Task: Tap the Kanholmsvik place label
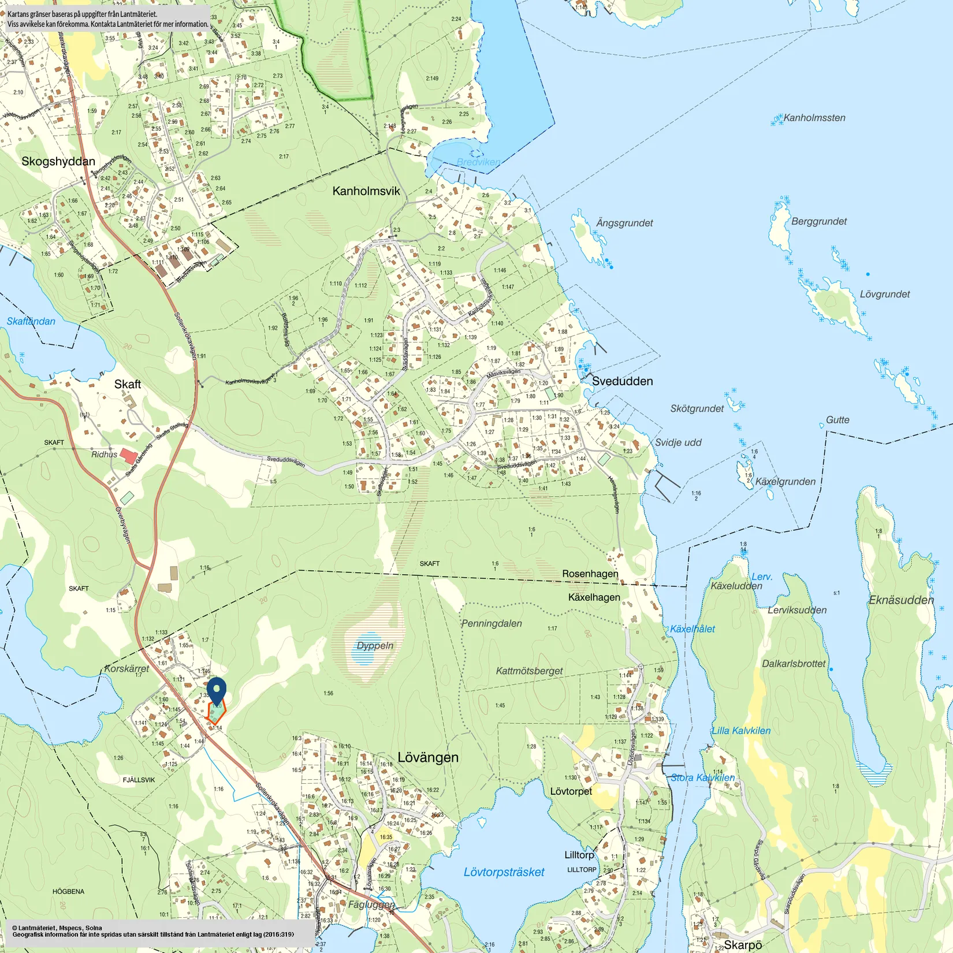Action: coord(366,191)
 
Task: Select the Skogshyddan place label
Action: coord(58,161)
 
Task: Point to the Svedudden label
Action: coord(622,381)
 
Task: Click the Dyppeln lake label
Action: coord(375,646)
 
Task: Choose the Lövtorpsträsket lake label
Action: coord(504,872)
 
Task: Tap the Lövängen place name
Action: coord(428,757)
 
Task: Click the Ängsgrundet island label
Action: coord(624,223)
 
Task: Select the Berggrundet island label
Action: coord(818,221)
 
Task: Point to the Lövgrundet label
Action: coord(884,294)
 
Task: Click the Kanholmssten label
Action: coord(814,118)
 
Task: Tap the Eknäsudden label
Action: coord(901,600)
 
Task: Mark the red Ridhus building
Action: coord(129,456)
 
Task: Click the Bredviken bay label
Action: coord(478,162)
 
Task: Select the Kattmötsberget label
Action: coord(529,671)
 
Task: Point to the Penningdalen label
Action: coord(492,624)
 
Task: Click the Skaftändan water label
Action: coord(31,321)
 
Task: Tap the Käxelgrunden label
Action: coord(786,482)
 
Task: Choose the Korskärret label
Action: coord(126,668)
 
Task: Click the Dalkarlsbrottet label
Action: coord(794,664)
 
